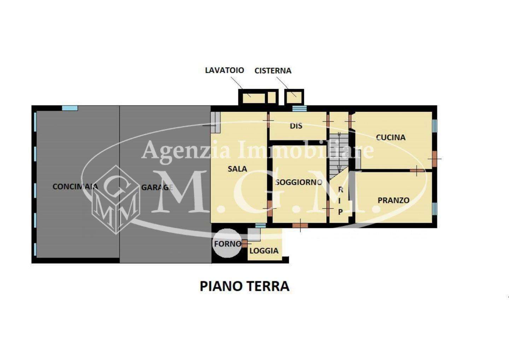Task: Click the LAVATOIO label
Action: tap(224, 70)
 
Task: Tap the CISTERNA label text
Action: tap(273, 71)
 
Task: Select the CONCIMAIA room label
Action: tap(75, 187)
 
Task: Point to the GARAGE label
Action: tap(157, 187)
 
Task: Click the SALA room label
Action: tap(238, 169)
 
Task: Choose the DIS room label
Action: tap(296, 126)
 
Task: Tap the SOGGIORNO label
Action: tap(299, 182)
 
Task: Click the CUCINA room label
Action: tap(391, 137)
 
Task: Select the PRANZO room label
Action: tap(393, 200)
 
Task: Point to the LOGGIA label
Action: tap(264, 251)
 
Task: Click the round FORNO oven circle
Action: tap(227, 243)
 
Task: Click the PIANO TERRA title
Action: tap(245, 286)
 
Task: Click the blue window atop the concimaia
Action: tap(70, 108)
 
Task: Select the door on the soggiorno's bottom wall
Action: tap(300, 226)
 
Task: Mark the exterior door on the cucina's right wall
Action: tap(434, 159)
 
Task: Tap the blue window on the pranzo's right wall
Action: tap(434, 209)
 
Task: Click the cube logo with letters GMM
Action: tap(116, 199)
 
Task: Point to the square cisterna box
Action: tap(294, 97)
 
